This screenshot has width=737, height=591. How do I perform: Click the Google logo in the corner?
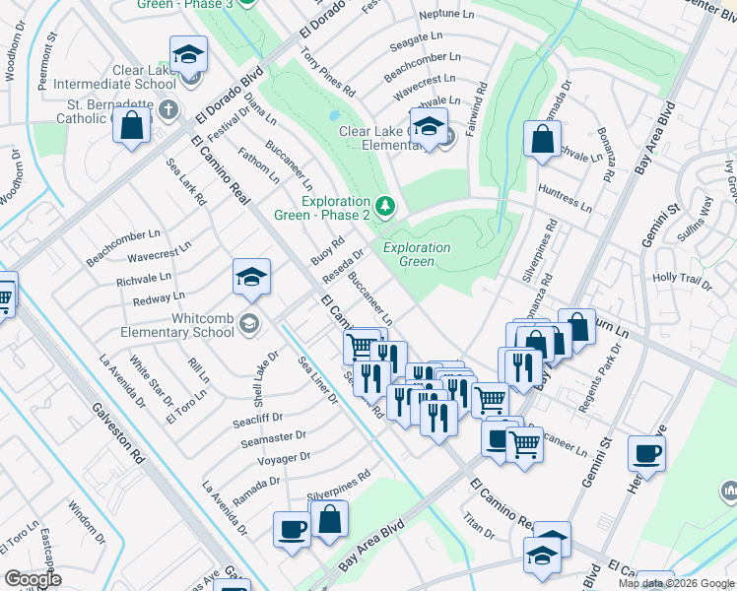click(x=32, y=579)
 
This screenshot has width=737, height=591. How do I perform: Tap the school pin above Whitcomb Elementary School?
click(x=251, y=278)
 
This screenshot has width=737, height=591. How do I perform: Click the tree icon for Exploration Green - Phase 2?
click(x=385, y=206)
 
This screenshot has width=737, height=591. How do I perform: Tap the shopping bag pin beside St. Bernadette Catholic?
click(x=131, y=126)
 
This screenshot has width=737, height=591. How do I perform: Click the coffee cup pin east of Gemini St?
click(x=646, y=454)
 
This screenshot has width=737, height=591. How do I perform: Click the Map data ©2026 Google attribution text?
click(x=676, y=583)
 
